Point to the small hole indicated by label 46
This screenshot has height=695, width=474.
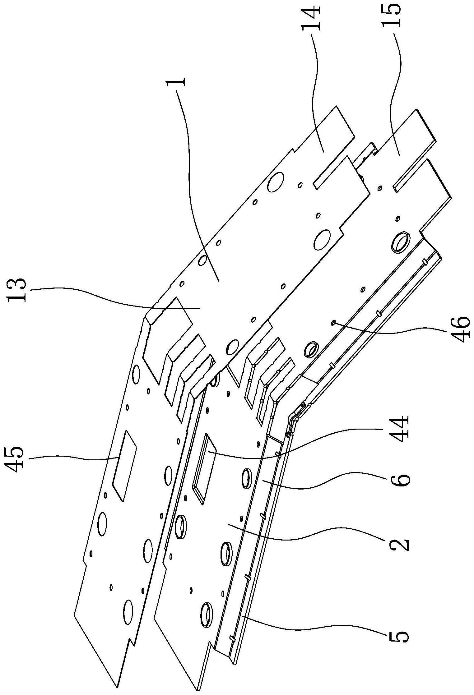(333, 323)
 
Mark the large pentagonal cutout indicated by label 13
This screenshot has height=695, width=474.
(166, 339)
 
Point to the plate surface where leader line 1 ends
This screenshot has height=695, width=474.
(219, 281)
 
